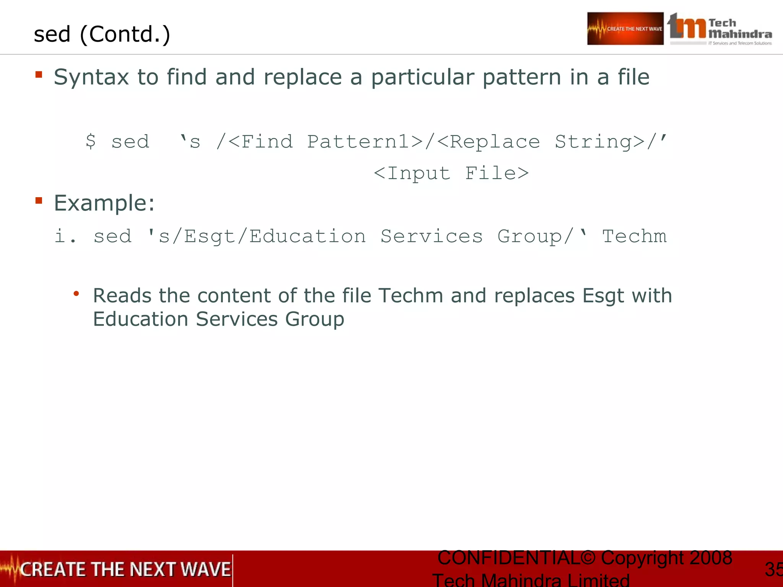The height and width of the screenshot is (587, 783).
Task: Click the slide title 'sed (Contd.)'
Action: pos(102,34)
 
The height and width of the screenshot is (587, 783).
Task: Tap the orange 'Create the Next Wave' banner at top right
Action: pos(625,29)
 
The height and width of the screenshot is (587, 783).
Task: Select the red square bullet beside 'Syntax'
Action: pos(39,74)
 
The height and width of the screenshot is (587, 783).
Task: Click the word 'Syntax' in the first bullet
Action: pos(91,78)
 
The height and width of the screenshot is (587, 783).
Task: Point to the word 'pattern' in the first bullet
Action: pos(522,78)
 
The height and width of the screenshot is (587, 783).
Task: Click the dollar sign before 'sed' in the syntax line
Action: pos(91,141)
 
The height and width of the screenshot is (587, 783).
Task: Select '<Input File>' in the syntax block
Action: pos(451,173)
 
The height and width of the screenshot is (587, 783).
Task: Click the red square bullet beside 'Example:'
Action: pos(39,200)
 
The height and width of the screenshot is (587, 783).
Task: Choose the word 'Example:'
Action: pos(104,203)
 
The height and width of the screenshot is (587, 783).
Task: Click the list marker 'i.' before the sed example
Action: pos(65,236)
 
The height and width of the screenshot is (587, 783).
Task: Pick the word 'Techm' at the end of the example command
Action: pos(634,236)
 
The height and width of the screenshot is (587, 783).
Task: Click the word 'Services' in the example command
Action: pos(432,236)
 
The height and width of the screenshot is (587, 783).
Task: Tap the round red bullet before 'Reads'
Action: pos(76,293)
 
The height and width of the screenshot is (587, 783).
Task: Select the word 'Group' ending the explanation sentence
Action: pos(314,319)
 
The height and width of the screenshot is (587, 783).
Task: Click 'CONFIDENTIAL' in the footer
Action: pos(508,558)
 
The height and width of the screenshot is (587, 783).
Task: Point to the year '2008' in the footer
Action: pos(710,558)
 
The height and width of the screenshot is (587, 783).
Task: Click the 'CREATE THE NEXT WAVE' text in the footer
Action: pos(125,569)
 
